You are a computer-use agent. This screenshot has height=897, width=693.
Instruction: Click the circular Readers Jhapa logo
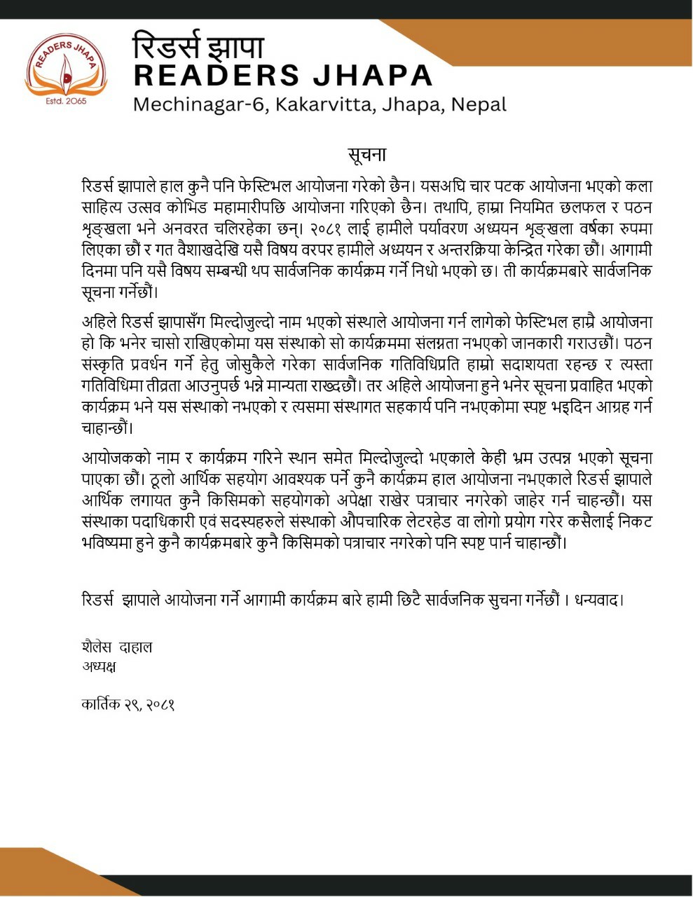pos(66,70)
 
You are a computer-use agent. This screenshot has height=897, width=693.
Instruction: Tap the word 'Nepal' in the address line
pos(479,105)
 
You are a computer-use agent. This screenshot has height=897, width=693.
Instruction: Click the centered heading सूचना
pos(366,154)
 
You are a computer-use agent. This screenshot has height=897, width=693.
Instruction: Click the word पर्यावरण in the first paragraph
pos(437,228)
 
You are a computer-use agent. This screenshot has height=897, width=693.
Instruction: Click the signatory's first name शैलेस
pos(96,647)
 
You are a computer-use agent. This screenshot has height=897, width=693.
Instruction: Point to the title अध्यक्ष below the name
pos(99,666)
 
